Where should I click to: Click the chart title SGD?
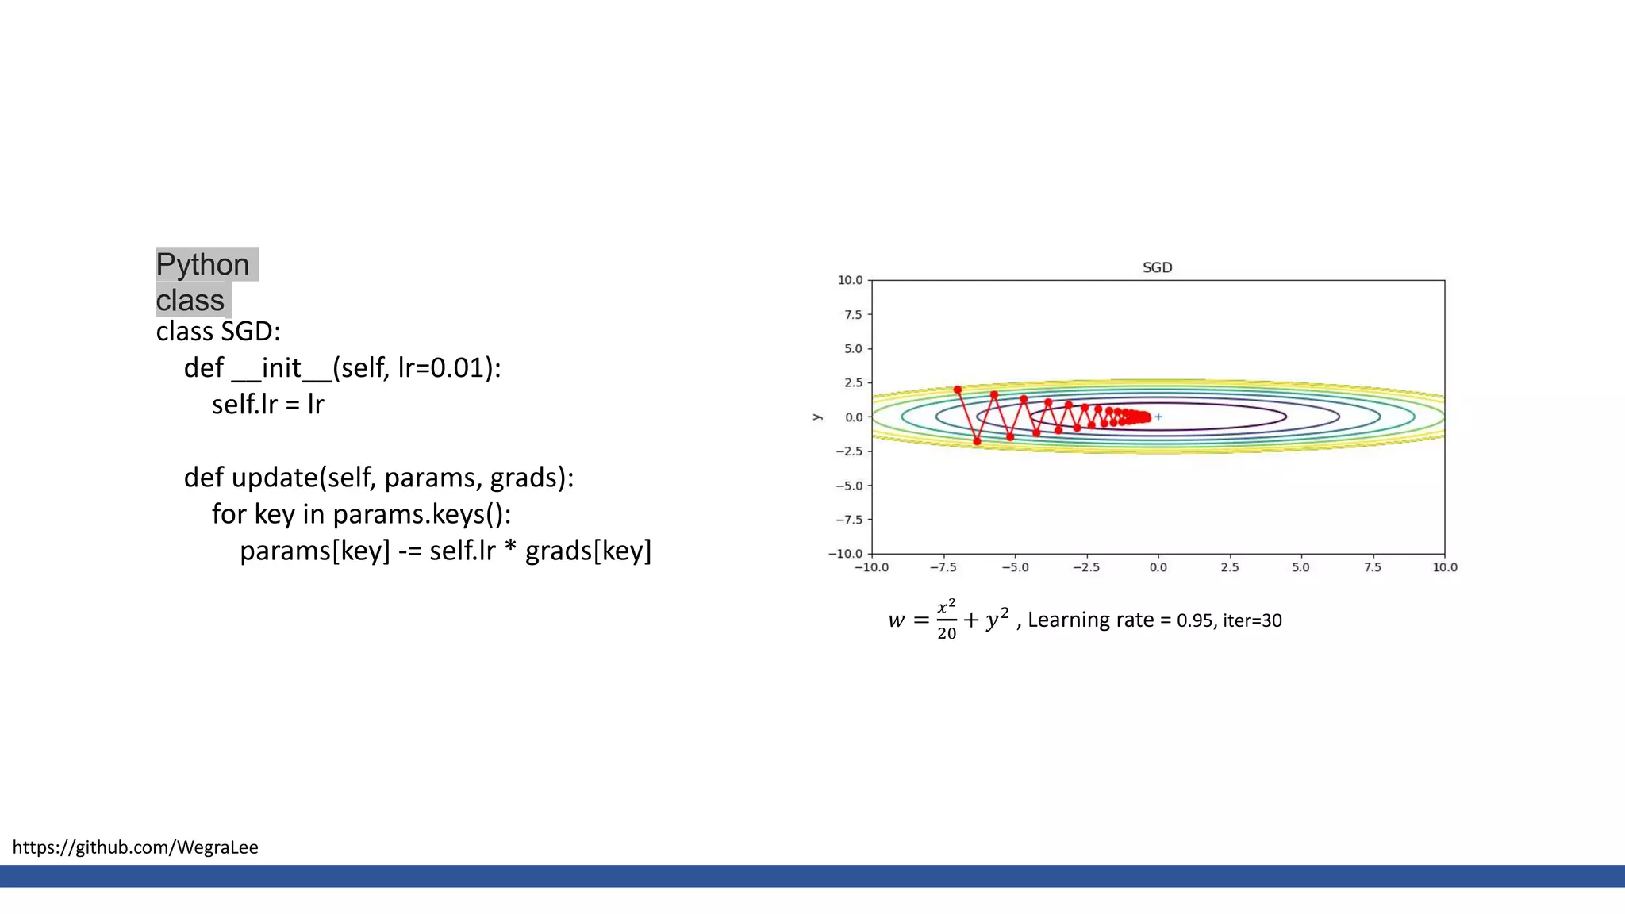coord(1157,267)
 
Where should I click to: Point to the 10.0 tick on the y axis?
coord(850,280)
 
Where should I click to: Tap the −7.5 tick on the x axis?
coord(943,567)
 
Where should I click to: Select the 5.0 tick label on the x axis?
coord(1300,567)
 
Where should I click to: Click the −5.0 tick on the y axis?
coord(849,486)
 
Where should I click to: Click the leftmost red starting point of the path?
coord(958,390)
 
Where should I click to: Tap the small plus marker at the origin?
coord(1158,417)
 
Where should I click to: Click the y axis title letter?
coord(817,417)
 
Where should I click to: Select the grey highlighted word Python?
coord(202,264)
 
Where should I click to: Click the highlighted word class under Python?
coord(190,301)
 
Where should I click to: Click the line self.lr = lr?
coord(267,405)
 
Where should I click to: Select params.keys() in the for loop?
coord(421,514)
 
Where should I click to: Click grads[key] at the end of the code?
coord(588,551)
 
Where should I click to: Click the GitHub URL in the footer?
coord(136,847)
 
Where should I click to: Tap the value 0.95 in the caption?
coord(1194,620)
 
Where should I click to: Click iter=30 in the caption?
coord(1252,620)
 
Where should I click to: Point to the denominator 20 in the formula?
coord(947,633)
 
